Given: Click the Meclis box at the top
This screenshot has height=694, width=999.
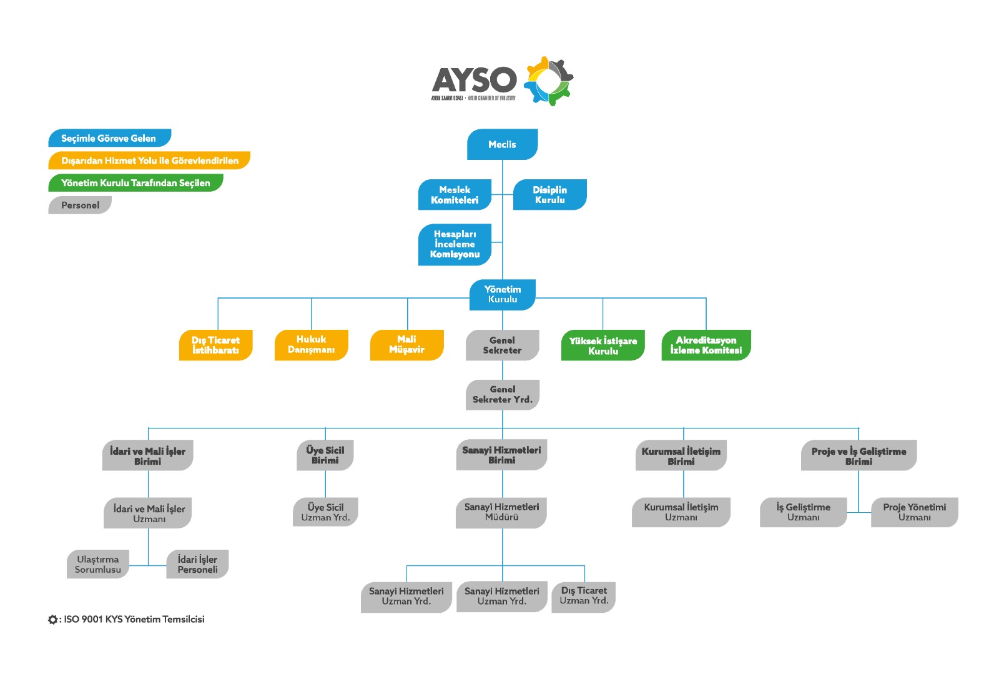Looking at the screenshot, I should [x=502, y=144].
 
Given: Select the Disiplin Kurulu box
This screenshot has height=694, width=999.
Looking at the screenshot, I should [x=549, y=195].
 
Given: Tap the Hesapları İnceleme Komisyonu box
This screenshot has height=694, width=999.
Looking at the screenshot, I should [x=455, y=244].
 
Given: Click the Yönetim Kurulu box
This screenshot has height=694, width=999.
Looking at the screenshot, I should [x=502, y=294].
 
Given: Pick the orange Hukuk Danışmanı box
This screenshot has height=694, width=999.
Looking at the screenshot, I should [x=311, y=345].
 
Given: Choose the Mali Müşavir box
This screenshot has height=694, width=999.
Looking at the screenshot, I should [x=406, y=345].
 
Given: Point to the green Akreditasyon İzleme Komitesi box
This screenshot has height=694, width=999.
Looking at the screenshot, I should [x=706, y=345].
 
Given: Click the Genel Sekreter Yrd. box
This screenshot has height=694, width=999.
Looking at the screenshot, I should [x=502, y=395].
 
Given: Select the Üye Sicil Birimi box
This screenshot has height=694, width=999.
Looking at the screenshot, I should [x=325, y=455].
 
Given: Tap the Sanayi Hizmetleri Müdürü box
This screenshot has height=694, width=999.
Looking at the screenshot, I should [x=501, y=512].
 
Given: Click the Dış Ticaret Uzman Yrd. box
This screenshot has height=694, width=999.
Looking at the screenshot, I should [x=584, y=596].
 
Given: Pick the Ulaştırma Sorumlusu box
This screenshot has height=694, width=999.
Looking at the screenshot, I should [x=98, y=565].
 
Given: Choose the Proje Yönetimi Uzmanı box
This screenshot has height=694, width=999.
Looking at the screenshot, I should [x=914, y=512].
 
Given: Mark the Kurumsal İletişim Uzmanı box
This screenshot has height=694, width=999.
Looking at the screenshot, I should [x=681, y=512].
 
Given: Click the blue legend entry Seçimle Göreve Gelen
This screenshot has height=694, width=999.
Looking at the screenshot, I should [x=109, y=138].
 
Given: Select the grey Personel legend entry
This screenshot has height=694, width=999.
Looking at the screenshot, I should [x=80, y=205].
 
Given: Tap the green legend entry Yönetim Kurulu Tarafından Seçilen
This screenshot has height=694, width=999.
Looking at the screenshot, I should [x=135, y=183].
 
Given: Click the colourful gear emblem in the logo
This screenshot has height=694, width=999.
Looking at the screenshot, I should [x=548, y=81].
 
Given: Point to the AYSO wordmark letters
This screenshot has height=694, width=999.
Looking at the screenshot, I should [x=475, y=80].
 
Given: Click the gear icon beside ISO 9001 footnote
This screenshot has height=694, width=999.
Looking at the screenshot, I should [x=52, y=620].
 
